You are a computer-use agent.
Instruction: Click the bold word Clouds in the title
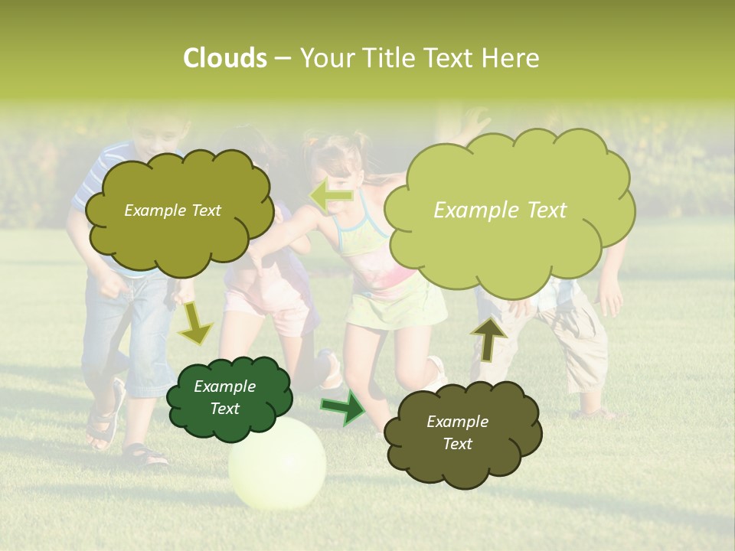(x=224, y=58)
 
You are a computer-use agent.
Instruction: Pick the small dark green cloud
(x=227, y=398)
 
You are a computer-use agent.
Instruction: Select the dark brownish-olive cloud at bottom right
(x=459, y=433)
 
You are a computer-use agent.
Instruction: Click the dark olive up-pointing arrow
(x=488, y=339)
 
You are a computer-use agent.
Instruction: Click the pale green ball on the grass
(x=277, y=463)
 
